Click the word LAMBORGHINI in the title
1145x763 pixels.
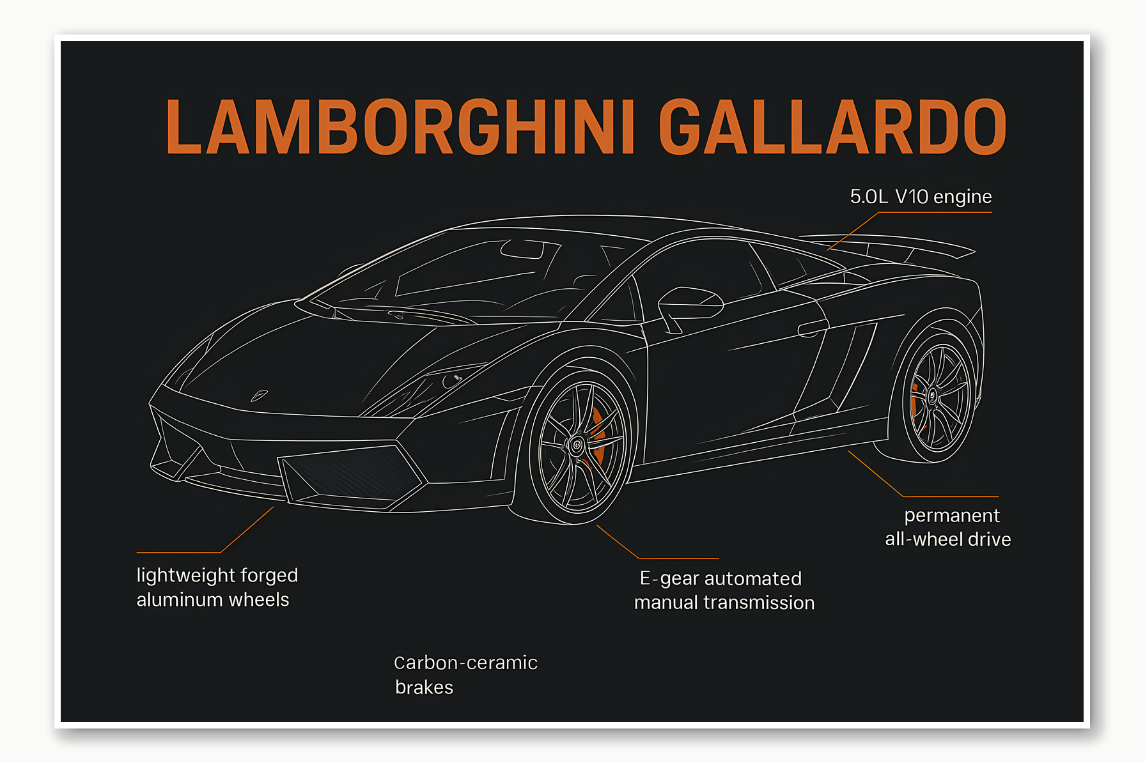400,127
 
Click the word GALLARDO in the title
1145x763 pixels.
832,127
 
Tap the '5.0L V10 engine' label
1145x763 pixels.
921,197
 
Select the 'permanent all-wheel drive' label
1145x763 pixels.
948,527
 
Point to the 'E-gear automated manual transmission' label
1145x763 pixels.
724,590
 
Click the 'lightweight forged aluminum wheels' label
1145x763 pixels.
217,587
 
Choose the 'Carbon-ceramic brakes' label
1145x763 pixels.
465,674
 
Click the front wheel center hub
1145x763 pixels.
577,445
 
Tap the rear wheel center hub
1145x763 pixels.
932,396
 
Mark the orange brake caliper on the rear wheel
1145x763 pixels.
915,403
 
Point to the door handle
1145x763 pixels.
813,328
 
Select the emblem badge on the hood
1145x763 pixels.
259,396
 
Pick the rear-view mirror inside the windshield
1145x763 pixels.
521,250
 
